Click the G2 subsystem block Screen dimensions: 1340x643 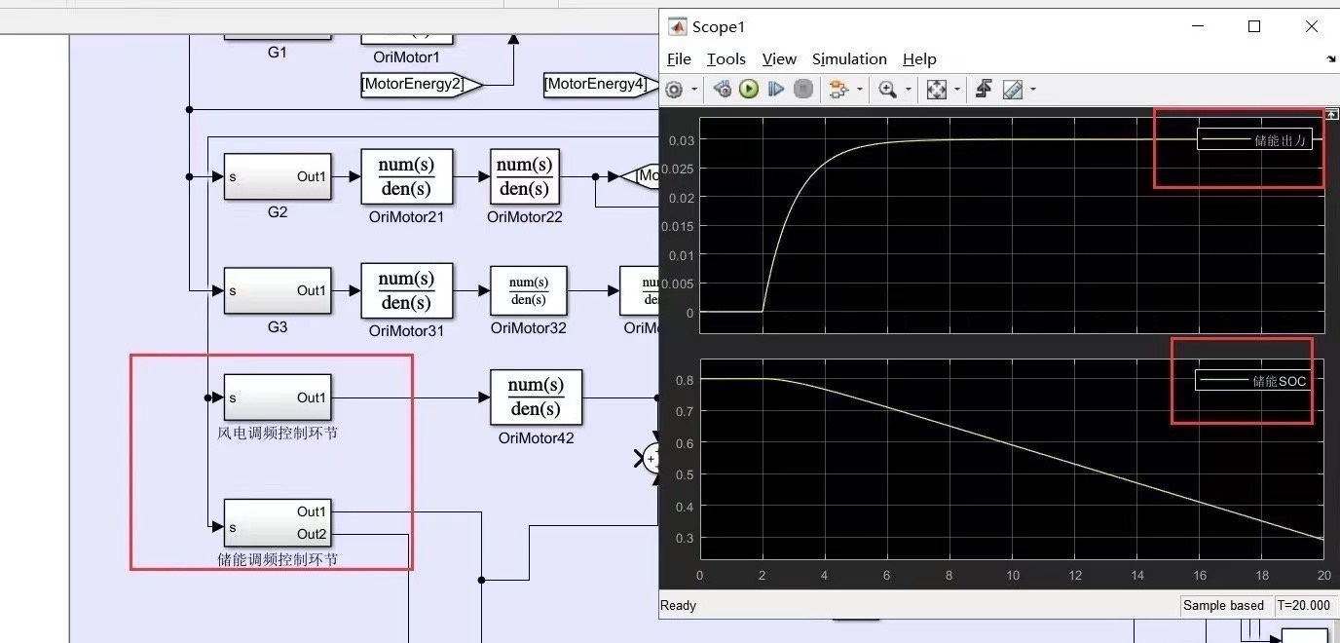point(278,176)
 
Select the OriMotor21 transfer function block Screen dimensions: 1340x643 point(407,176)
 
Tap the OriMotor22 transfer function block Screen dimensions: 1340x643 point(525,176)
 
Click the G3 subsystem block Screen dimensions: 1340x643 point(278,290)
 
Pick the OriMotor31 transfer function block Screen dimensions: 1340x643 point(407,290)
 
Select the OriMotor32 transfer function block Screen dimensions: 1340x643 point(528,290)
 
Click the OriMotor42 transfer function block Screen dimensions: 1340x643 point(536,397)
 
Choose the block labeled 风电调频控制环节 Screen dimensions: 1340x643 point(278,397)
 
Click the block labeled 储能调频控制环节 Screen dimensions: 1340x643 point(278,522)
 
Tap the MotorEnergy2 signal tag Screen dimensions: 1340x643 point(419,85)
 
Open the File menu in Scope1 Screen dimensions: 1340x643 point(679,59)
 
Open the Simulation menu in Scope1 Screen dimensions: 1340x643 point(849,59)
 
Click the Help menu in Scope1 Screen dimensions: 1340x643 point(919,59)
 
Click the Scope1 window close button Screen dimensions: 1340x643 point(1311,26)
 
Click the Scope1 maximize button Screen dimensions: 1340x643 point(1254,26)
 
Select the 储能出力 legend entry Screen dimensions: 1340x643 point(1255,140)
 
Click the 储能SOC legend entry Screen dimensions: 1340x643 point(1253,381)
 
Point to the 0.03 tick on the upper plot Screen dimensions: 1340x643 point(681,140)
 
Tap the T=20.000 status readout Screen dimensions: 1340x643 point(1303,605)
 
